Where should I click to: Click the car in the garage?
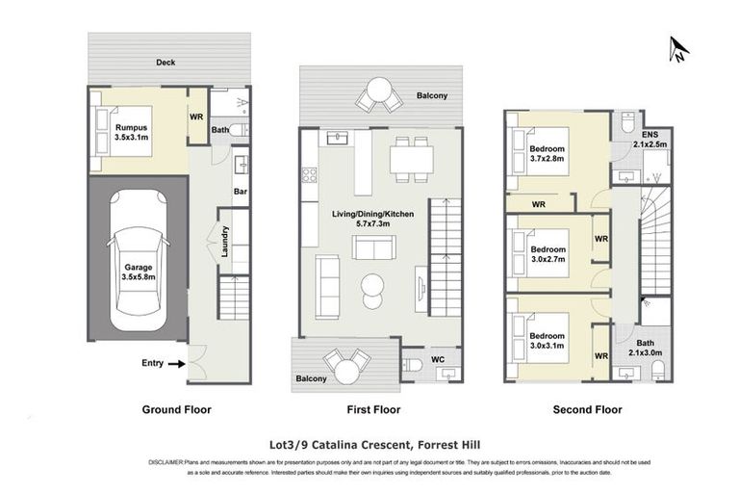(x=137, y=258)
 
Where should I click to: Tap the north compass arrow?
(x=678, y=50)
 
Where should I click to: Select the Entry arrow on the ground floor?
(x=175, y=364)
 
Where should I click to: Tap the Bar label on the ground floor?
(x=240, y=192)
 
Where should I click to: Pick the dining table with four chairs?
(x=409, y=157)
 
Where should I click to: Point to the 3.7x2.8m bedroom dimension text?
(x=547, y=161)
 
